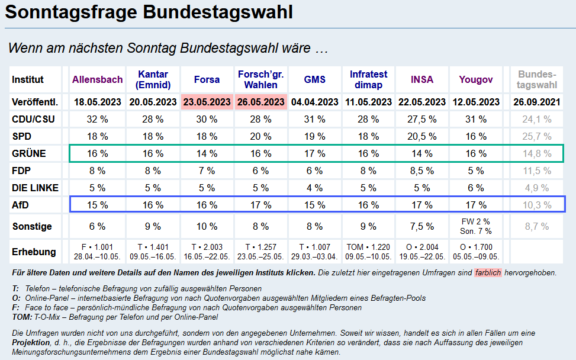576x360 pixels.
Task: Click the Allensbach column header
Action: tap(98, 79)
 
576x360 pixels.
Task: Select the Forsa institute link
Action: tap(207, 79)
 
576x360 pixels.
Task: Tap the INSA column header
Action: tap(422, 79)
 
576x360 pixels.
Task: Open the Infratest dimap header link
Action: tap(368, 79)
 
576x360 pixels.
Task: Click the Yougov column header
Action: tap(476, 79)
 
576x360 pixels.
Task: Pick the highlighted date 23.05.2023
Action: tap(207, 102)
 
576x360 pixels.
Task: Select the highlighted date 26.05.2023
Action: tap(260, 102)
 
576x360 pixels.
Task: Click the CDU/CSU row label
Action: tap(33, 119)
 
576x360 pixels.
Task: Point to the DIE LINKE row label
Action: tap(35, 188)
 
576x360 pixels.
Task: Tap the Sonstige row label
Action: tap(32, 226)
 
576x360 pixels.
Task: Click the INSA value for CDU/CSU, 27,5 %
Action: tap(422, 119)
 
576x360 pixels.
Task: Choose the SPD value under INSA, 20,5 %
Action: tap(422, 136)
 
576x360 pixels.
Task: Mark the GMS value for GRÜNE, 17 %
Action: tap(314, 153)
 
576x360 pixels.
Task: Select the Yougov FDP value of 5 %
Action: tap(476, 171)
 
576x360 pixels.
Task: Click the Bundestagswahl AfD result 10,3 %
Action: tap(538, 205)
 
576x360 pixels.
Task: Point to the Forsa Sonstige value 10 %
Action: tap(207, 226)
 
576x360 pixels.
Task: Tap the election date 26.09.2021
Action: tap(538, 102)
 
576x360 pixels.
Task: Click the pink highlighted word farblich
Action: tap(488, 273)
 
